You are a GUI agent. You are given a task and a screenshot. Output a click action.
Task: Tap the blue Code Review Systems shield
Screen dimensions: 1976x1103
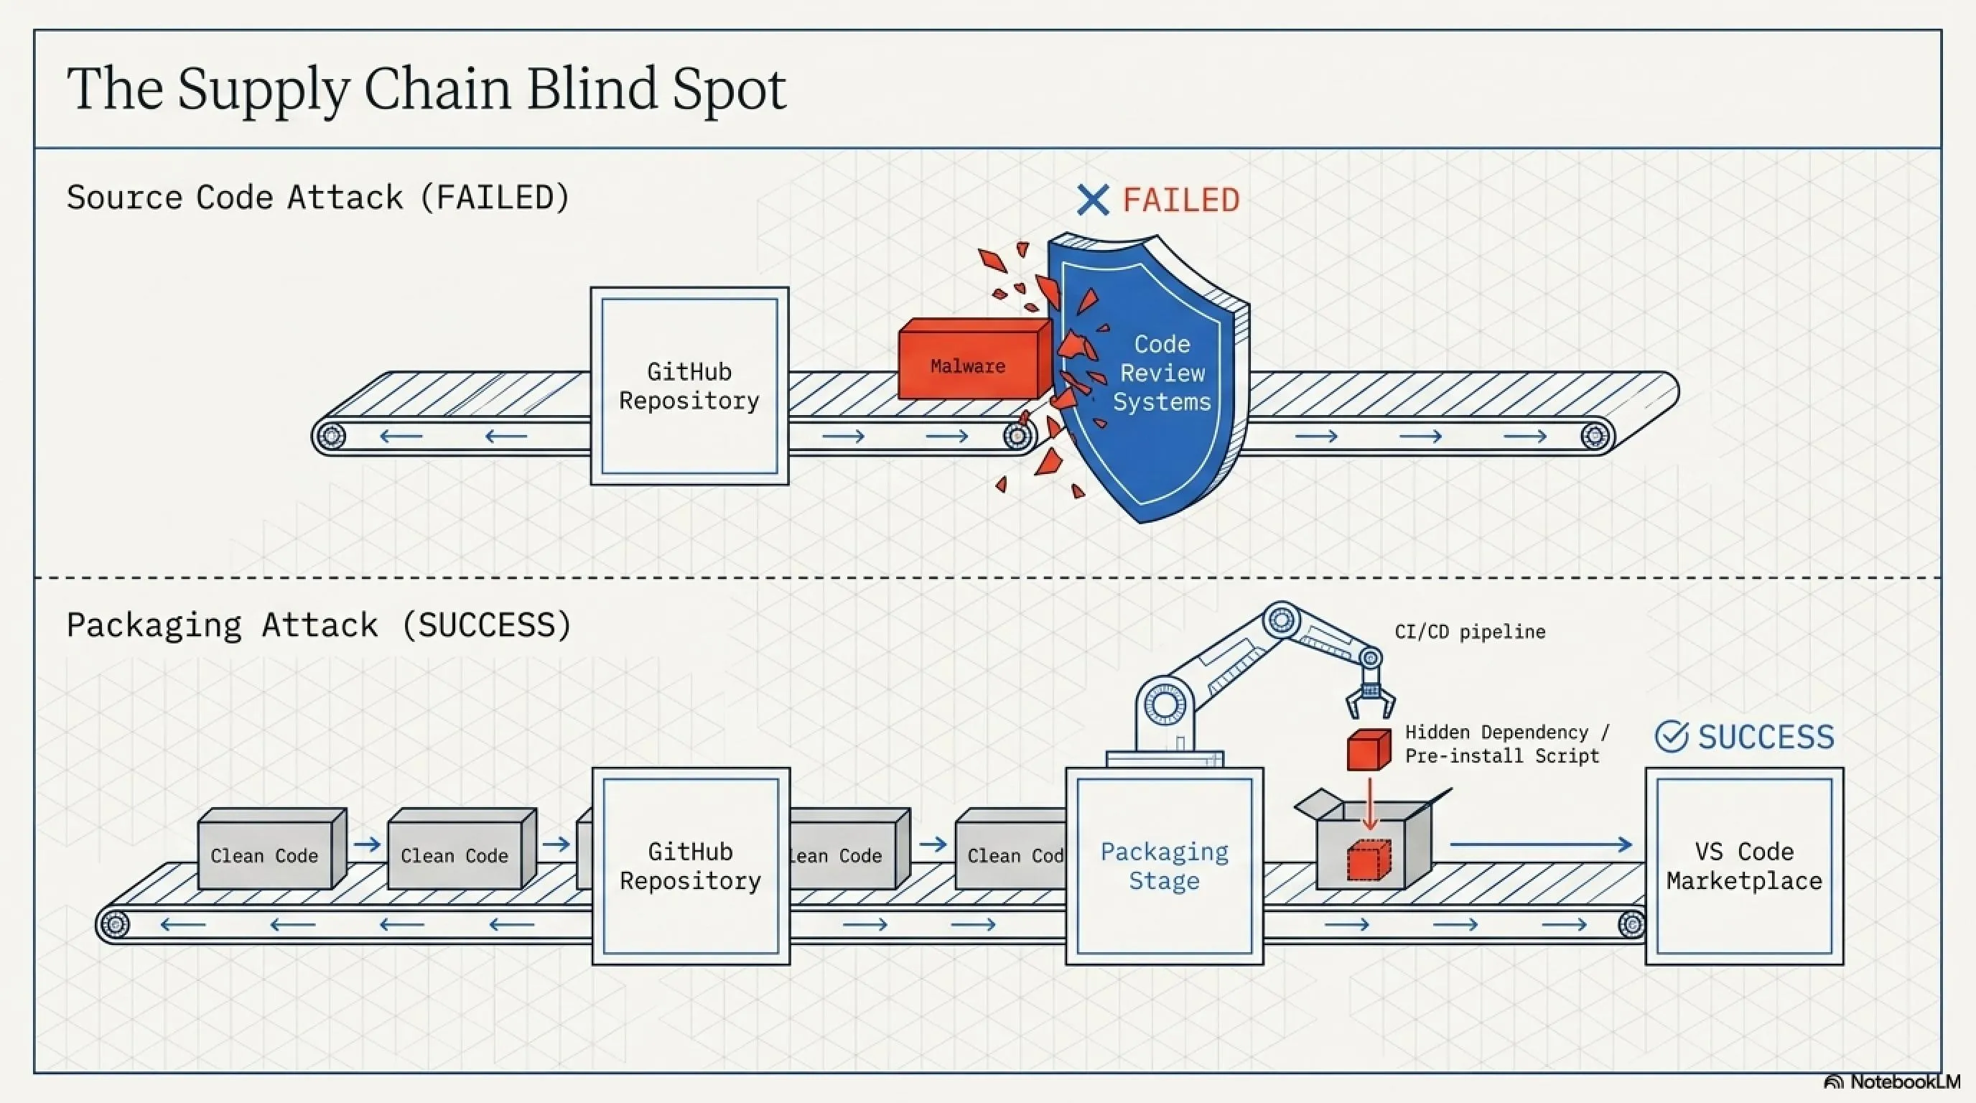[1150, 376]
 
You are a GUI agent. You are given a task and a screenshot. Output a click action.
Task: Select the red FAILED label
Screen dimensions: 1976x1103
[1181, 200]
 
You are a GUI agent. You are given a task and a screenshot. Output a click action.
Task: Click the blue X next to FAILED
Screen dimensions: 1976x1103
[1093, 200]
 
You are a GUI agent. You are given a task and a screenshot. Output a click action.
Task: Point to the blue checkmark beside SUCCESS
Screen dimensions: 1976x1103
[1672, 736]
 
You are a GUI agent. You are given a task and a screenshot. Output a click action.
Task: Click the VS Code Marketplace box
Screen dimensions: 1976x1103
[1744, 866]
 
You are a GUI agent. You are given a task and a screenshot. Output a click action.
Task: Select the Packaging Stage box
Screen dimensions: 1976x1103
[1165, 866]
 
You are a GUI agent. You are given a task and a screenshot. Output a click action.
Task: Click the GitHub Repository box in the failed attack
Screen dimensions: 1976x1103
[689, 386]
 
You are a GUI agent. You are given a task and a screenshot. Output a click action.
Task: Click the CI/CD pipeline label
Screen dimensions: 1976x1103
[1470, 632]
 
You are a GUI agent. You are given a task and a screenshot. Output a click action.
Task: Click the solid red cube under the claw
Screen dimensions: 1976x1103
[1369, 750]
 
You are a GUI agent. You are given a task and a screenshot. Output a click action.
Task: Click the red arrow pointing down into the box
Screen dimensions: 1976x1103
[1369, 804]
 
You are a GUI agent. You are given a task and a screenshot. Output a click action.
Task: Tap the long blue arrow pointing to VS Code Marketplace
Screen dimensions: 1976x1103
[1540, 844]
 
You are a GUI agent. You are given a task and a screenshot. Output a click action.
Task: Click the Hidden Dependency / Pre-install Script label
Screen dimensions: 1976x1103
[1507, 744]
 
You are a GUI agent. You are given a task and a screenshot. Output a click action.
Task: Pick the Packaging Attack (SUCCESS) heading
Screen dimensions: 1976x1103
[319, 625]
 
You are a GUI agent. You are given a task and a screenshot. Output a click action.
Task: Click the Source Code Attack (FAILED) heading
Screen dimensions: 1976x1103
[318, 198]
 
